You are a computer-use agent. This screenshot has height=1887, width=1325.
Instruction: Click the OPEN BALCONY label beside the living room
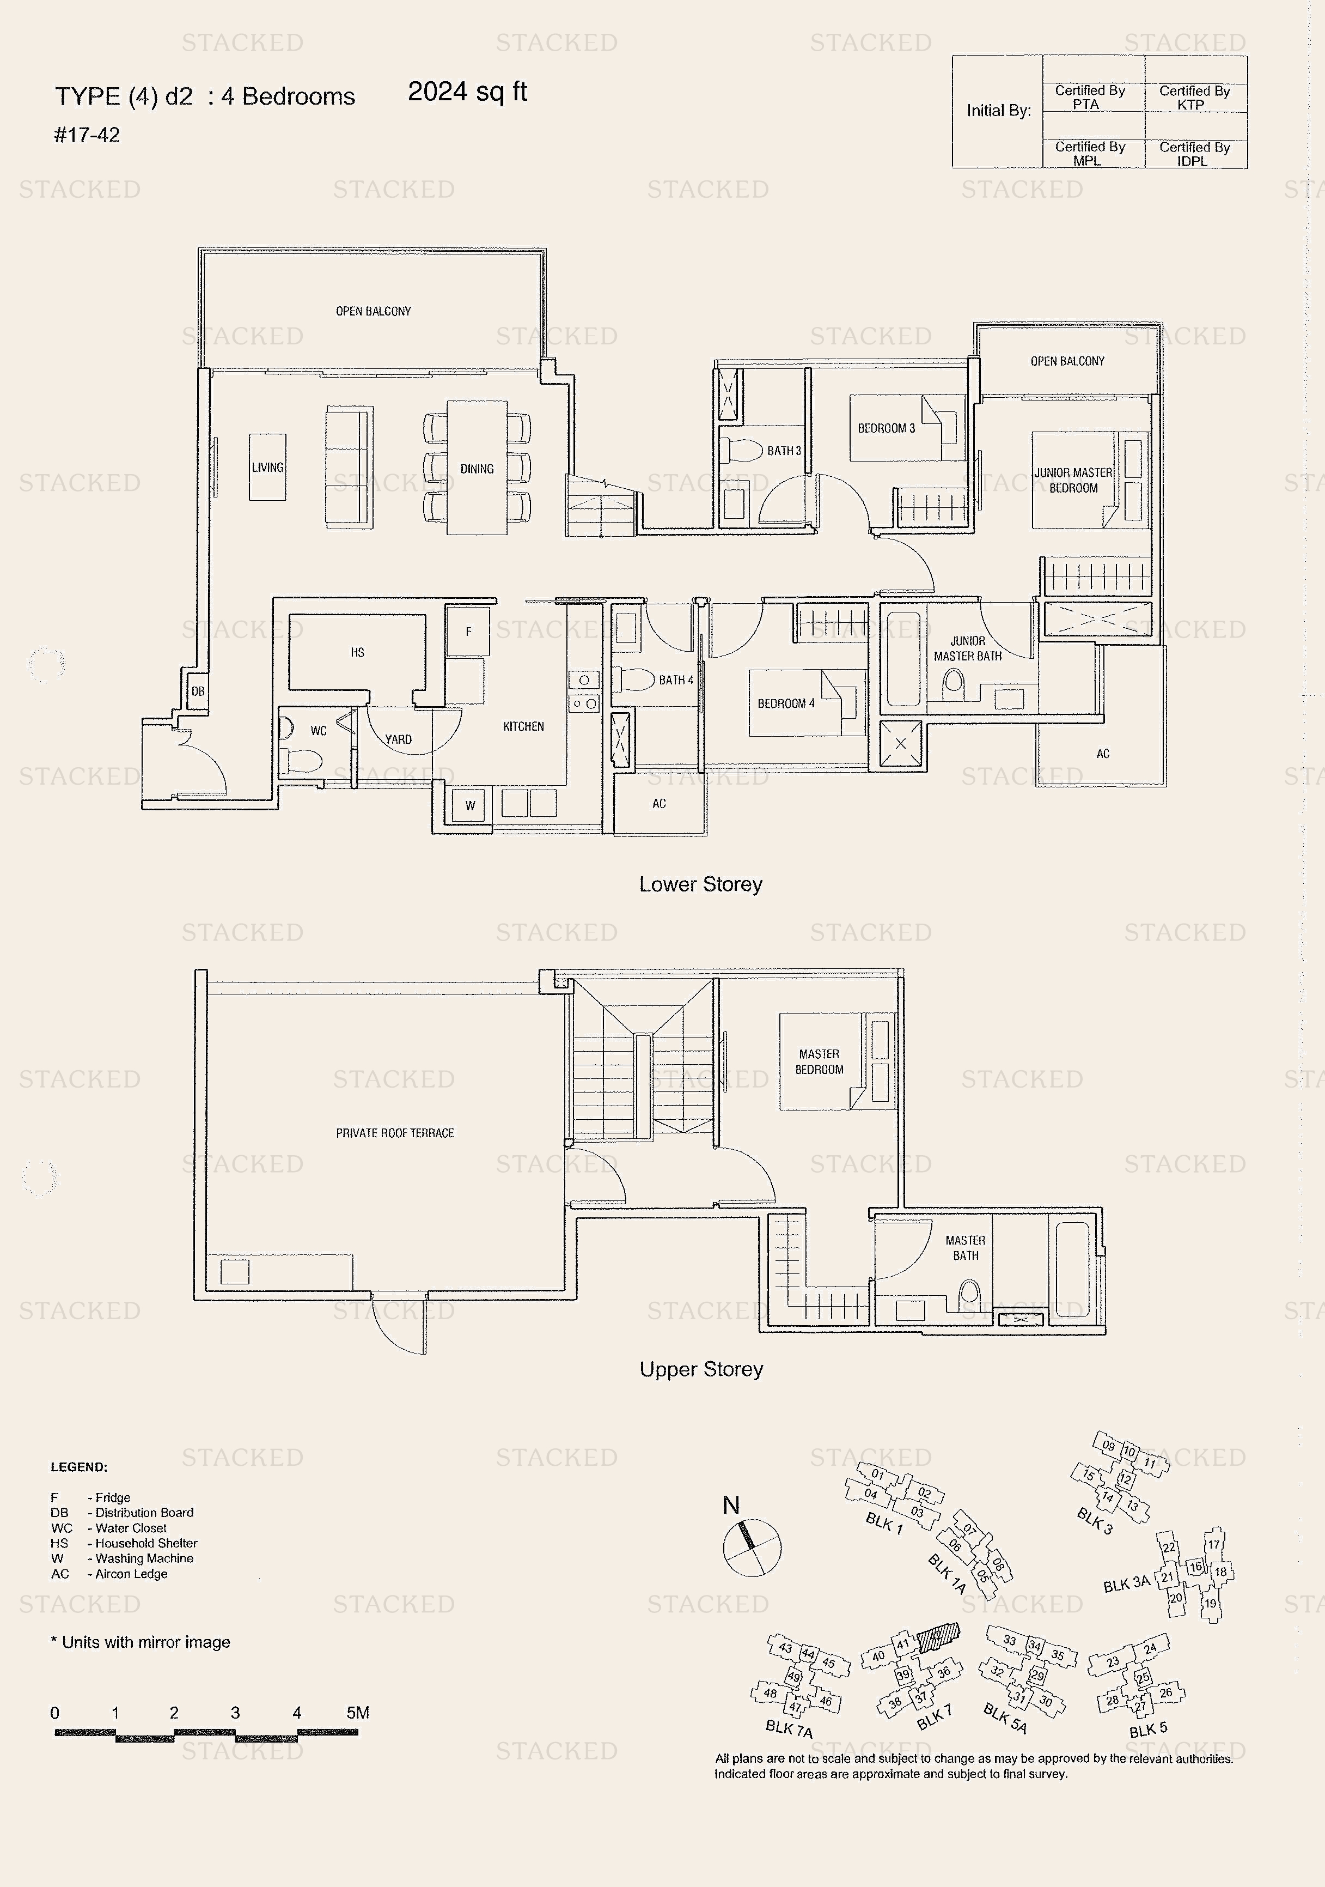coord(373,312)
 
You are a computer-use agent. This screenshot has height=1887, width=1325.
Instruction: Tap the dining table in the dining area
coord(477,468)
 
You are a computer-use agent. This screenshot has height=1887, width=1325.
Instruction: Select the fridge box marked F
coord(468,631)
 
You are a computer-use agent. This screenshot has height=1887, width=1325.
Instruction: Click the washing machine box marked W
coord(470,805)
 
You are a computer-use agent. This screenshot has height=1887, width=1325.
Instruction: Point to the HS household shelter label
coord(357,653)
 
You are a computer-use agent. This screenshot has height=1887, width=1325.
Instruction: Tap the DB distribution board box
coord(198,691)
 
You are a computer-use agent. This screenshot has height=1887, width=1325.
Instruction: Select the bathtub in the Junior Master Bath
coord(903,659)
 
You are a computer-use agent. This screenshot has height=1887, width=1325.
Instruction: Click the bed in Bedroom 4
coord(807,703)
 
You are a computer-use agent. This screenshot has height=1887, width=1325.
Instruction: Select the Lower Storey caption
coord(701,884)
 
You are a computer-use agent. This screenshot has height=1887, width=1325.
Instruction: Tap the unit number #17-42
coord(87,135)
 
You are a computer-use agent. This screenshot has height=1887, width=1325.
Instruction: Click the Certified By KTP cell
coord(1195,97)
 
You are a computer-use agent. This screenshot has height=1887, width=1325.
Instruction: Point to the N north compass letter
coord(731,1505)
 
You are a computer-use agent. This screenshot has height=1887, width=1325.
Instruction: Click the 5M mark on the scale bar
coord(357,1713)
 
